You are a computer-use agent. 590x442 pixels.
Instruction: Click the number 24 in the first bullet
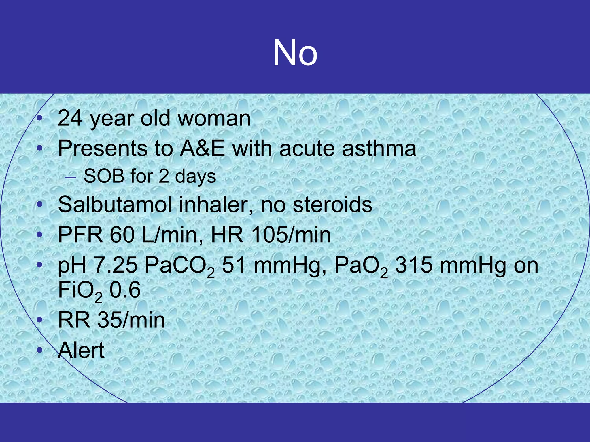(70, 118)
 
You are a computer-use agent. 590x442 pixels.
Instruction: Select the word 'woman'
(214, 118)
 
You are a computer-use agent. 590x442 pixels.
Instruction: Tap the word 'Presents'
(103, 148)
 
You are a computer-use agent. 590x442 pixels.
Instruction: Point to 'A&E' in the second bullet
(202, 148)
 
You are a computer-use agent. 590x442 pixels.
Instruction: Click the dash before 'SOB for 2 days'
(70, 177)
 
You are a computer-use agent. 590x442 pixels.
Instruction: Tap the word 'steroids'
(332, 205)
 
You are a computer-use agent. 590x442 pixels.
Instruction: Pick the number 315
(413, 265)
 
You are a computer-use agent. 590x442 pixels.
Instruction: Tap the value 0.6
(125, 290)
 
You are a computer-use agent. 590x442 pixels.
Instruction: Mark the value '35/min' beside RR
(131, 320)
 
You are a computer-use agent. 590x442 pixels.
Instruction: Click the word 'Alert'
(81, 350)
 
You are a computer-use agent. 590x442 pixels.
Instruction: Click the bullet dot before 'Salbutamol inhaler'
(40, 205)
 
